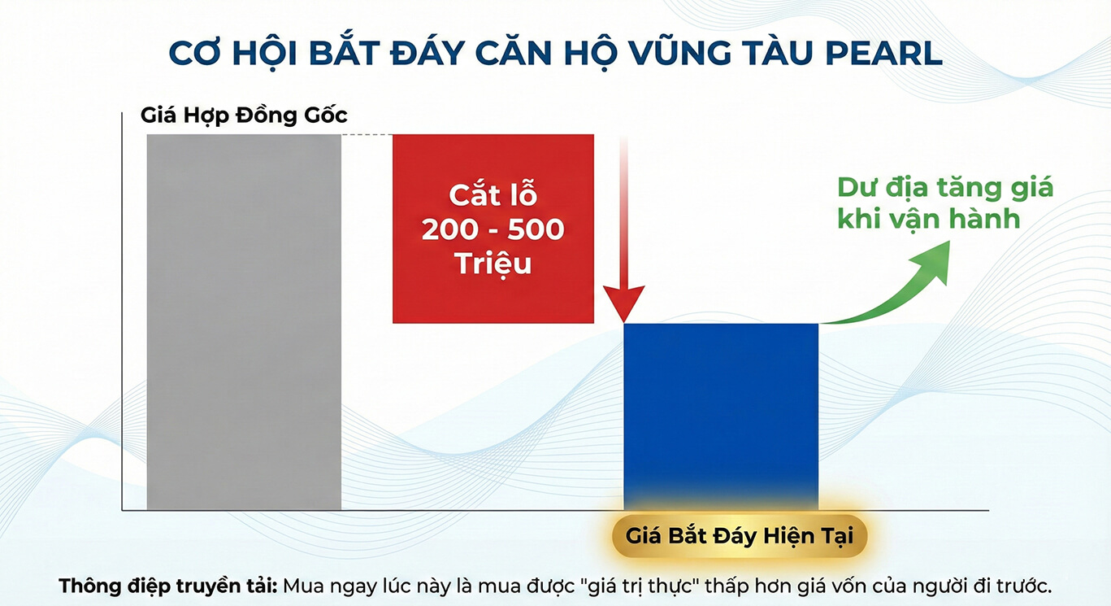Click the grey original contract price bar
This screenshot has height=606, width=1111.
pos(244,321)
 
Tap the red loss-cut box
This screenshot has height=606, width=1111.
pos(493,228)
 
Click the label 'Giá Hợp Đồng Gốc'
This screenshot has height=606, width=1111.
pos(244,115)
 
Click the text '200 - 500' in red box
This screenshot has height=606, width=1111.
pos(493,229)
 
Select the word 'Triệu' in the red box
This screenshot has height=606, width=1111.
pos(493,264)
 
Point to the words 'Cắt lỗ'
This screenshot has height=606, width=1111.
pos(493,196)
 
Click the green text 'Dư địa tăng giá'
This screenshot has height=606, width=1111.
pos(944,187)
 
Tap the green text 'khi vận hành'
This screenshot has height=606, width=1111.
pos(928,219)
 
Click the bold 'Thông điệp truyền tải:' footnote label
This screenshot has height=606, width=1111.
pos(168,586)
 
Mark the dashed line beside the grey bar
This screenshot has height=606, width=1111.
pos(367,135)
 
